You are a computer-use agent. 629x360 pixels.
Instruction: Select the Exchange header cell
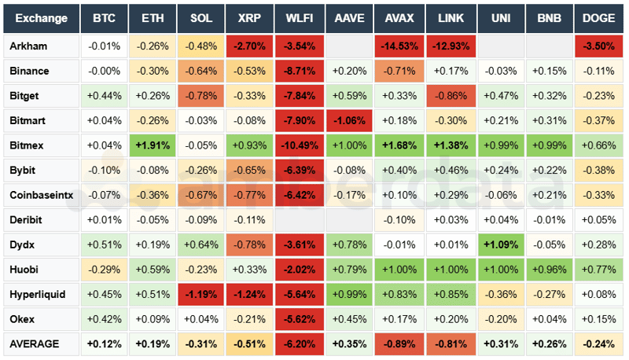[40, 17]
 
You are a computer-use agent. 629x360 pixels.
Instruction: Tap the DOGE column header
[599, 17]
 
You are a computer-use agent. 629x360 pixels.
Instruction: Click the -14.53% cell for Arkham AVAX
[398, 46]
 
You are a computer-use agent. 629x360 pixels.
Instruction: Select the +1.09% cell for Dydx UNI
[500, 244]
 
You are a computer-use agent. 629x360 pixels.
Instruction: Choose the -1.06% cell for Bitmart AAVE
[349, 121]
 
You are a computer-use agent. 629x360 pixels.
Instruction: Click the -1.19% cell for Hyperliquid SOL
[202, 294]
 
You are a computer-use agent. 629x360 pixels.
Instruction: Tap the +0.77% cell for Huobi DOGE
[599, 270]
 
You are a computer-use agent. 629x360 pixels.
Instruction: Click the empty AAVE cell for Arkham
[349, 46]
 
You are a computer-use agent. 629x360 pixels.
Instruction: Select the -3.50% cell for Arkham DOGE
[599, 46]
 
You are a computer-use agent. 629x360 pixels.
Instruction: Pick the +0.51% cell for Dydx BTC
[105, 244]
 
